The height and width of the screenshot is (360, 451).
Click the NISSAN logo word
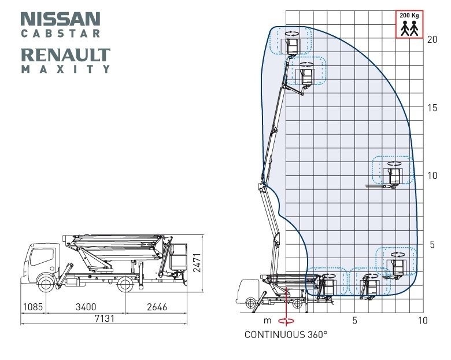[x=60, y=19]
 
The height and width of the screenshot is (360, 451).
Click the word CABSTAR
[x=60, y=34]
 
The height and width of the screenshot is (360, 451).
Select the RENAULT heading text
[x=65, y=55]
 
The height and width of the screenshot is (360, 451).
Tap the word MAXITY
[x=65, y=69]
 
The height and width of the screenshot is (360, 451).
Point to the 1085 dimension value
[x=33, y=307]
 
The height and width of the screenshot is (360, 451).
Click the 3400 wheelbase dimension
[x=86, y=307]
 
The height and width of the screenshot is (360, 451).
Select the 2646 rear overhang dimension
[x=157, y=307]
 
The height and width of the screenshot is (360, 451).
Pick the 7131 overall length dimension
[x=105, y=318]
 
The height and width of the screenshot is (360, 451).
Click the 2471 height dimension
[x=197, y=263]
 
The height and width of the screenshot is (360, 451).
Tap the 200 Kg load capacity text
[x=409, y=15]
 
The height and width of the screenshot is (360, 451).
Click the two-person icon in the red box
[x=409, y=28]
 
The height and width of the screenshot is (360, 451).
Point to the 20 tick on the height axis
[x=432, y=39]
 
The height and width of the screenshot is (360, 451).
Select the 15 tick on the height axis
[x=432, y=108]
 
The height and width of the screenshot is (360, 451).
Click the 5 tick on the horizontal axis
[x=354, y=320]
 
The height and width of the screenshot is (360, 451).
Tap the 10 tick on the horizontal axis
[x=423, y=320]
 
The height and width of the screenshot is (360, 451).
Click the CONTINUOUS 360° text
[x=286, y=335]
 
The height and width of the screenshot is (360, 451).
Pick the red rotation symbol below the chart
[x=286, y=321]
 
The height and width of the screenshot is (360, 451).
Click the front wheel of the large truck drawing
[x=46, y=284]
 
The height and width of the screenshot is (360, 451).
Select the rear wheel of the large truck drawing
[x=125, y=284]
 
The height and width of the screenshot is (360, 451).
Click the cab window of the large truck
[x=42, y=256]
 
